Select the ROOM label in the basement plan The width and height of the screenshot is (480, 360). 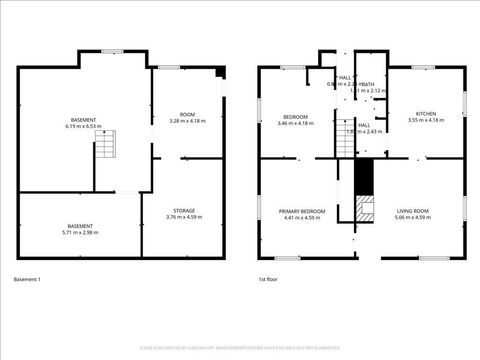(187, 114)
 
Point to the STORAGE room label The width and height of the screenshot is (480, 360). (183, 210)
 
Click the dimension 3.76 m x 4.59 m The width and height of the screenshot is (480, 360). (183, 217)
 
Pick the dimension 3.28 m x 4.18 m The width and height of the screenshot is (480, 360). (187, 121)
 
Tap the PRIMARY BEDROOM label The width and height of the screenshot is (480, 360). (302, 211)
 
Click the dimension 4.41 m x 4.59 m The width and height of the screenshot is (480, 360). (302, 218)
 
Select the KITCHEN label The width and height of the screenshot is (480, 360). (425, 114)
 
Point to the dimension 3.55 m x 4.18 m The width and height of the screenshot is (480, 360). (425, 121)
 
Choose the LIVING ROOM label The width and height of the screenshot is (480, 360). (413, 211)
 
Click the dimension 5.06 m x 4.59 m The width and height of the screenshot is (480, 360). (413, 218)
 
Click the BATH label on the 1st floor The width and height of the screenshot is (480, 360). (369, 84)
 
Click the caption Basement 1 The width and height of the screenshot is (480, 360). (27, 279)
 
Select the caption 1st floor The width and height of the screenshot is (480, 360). (267, 279)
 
